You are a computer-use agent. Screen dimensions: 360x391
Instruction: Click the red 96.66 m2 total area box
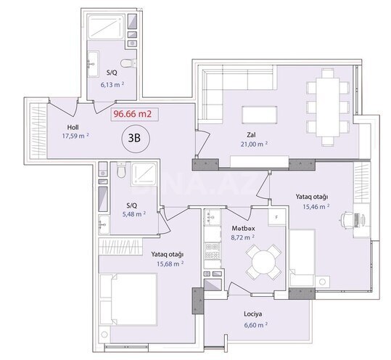click(x=136, y=113)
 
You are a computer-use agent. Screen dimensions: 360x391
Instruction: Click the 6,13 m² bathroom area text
click(x=112, y=83)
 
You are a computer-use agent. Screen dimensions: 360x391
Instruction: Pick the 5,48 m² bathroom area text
click(x=134, y=213)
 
